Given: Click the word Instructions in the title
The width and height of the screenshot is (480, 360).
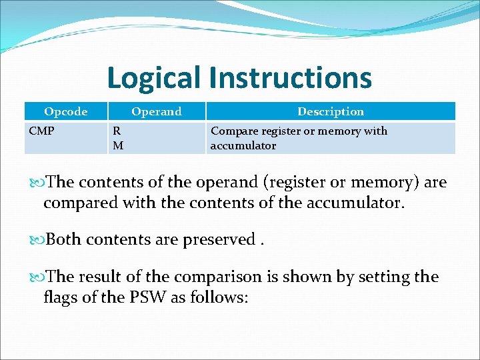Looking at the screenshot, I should tap(290, 77).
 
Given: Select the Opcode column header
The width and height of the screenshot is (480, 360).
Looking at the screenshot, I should tap(65, 111).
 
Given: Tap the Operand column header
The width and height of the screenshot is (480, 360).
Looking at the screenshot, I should tap(156, 111).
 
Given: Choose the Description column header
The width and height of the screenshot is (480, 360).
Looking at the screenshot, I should tap(331, 111).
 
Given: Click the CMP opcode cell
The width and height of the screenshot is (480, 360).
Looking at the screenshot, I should tap(42, 131).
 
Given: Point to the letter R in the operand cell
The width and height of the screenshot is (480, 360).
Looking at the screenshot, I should tap(117, 131).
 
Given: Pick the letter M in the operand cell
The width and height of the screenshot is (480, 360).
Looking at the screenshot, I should tap(117, 145).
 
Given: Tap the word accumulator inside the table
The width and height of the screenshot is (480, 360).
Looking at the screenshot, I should tap(243, 145).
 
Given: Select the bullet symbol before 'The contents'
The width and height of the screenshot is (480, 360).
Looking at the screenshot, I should tap(38, 183).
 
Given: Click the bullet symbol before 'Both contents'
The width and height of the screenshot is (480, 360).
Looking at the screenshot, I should tap(38, 239).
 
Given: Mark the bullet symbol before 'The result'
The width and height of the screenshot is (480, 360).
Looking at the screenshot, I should tap(38, 277).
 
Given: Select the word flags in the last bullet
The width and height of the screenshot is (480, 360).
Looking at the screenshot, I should tap(60, 296).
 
